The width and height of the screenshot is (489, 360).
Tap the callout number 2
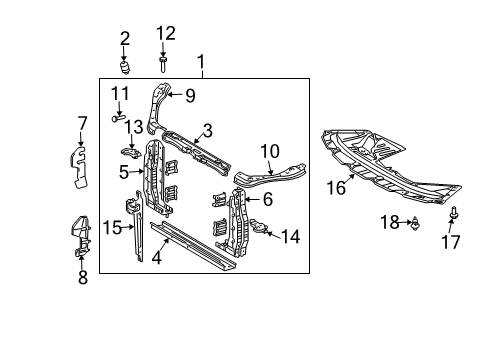[x=125, y=39]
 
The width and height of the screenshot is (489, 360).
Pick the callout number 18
[x=391, y=221]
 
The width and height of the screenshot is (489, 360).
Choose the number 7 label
[x=82, y=124]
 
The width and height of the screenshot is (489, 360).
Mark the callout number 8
[x=83, y=278]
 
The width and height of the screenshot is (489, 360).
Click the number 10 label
[x=270, y=152]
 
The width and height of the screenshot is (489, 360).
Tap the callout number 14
[x=291, y=237]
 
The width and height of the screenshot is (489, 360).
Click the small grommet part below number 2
[x=126, y=68]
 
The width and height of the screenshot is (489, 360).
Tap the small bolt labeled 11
[x=117, y=116]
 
